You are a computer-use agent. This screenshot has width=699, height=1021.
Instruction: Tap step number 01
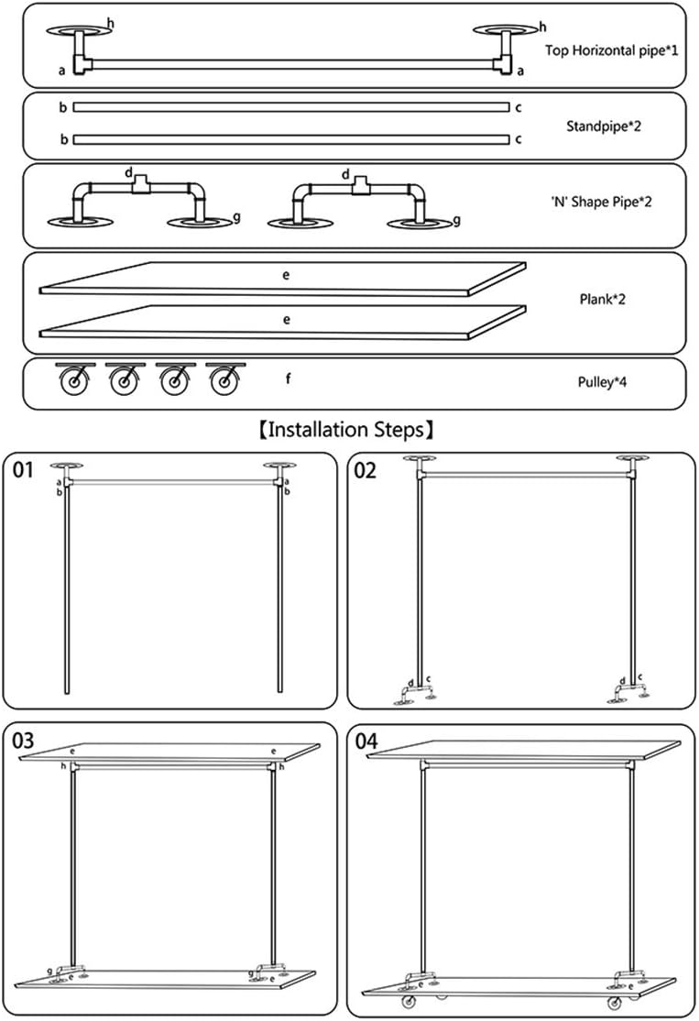click(x=25, y=471)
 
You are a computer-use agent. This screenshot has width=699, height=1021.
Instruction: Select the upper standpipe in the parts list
click(x=290, y=107)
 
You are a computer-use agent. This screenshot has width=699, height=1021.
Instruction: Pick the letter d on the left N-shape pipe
click(x=129, y=172)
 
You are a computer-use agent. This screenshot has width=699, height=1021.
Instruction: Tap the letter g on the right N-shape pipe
click(x=457, y=219)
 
